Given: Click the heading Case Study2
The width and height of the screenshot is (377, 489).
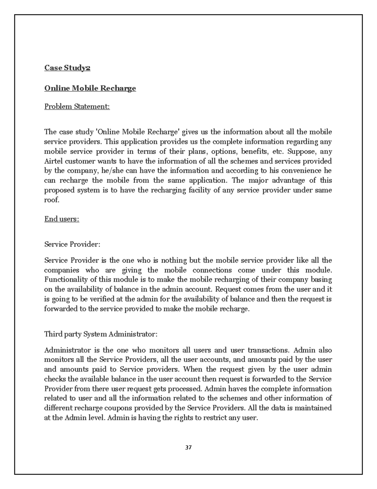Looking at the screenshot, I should [67, 68].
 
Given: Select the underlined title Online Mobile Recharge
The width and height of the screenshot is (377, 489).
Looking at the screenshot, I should [90, 88].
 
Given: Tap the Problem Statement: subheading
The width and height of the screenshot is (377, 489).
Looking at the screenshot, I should [77, 106].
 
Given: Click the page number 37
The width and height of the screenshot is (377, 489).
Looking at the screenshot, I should [188, 447].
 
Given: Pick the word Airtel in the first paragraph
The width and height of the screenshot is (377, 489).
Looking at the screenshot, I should [53, 161].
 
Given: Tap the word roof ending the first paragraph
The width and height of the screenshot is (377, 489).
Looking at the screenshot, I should [51, 200].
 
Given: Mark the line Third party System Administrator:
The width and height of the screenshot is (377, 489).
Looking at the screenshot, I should [101, 334].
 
